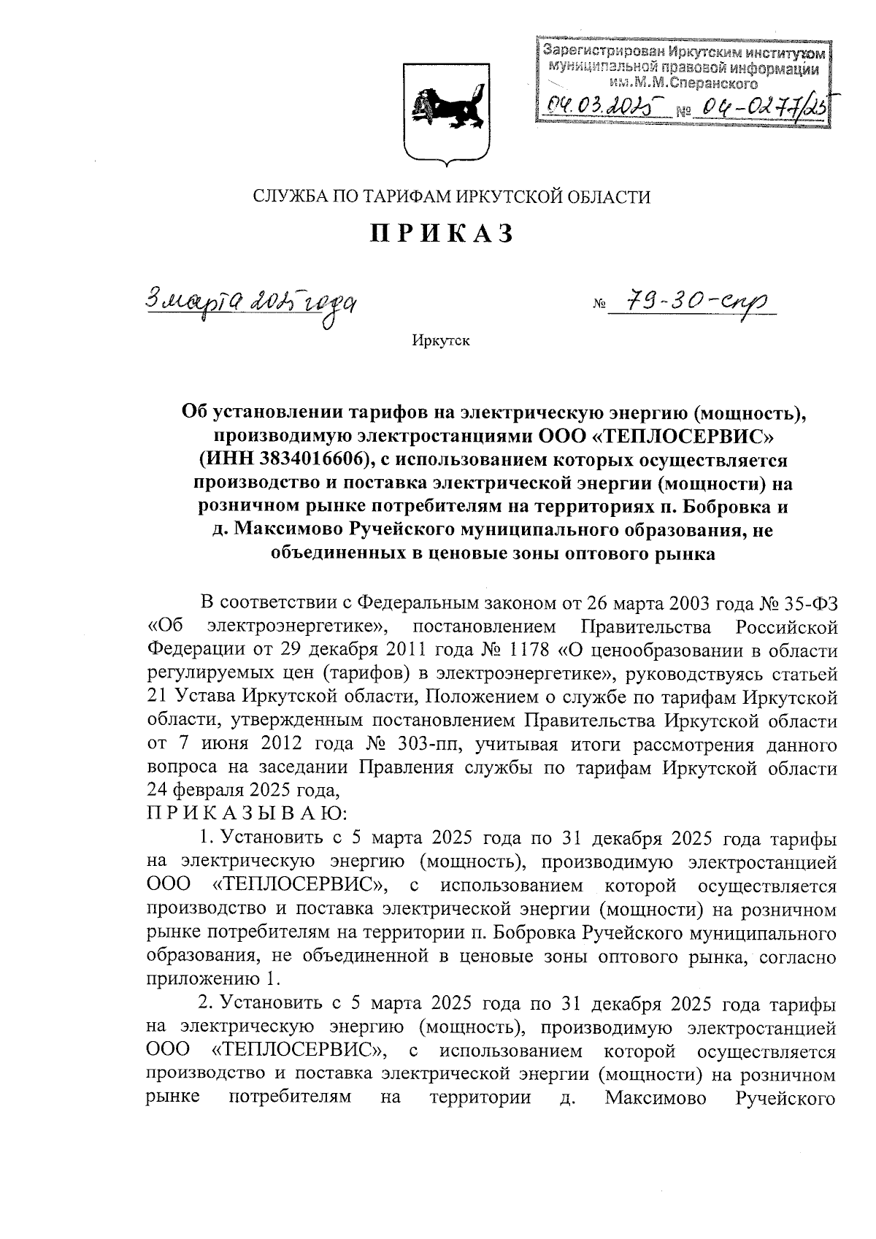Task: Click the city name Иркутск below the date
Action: [441, 340]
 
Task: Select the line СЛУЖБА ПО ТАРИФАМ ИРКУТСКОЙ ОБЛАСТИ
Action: [450, 196]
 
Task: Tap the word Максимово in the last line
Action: [655, 1097]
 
